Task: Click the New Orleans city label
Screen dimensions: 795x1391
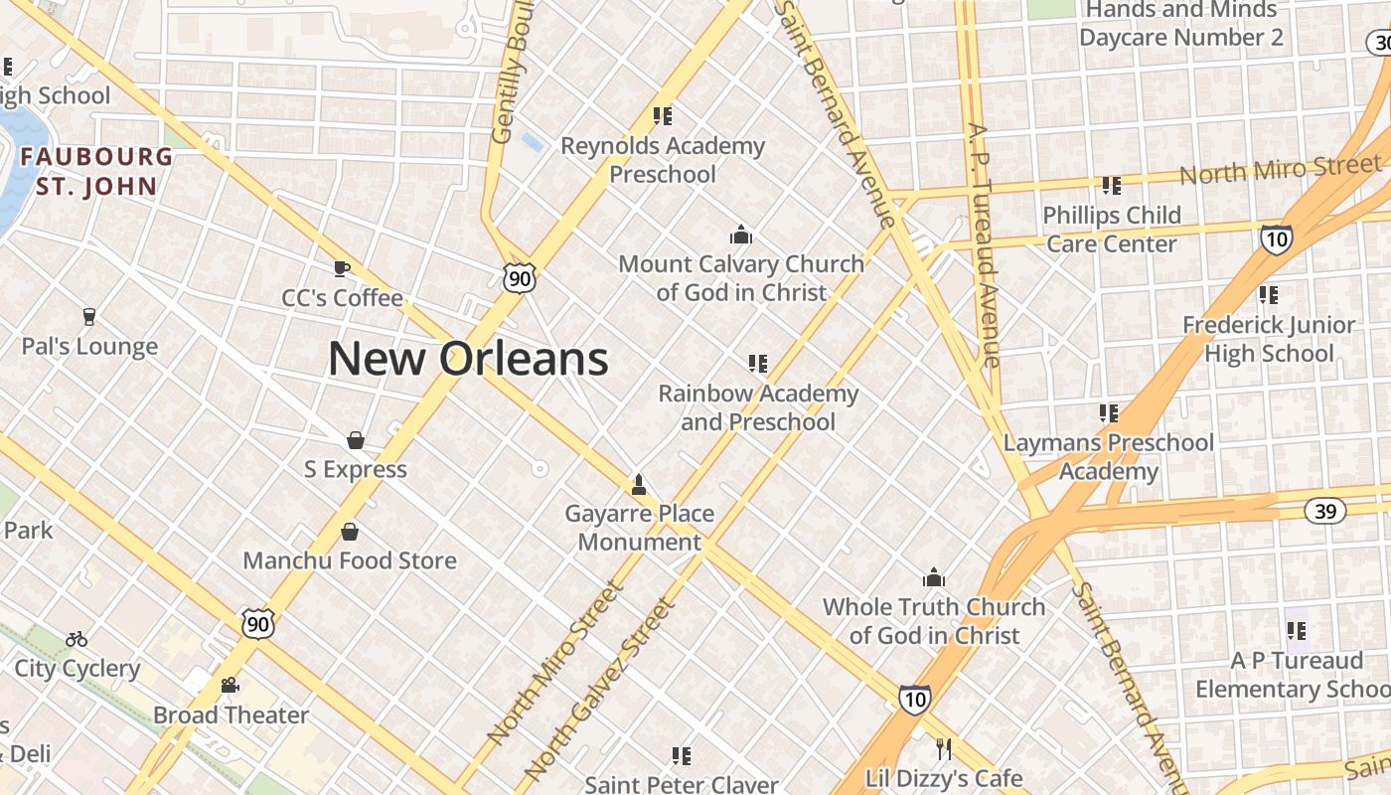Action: pyautogui.click(x=468, y=358)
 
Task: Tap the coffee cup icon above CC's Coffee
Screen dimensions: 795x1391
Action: pyautogui.click(x=342, y=268)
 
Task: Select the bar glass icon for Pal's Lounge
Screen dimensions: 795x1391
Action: pyautogui.click(x=89, y=317)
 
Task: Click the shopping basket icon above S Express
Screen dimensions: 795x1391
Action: pyautogui.click(x=355, y=439)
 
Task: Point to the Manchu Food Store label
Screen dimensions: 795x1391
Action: pyautogui.click(x=350, y=560)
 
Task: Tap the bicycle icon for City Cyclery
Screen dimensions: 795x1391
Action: pyautogui.click(x=77, y=639)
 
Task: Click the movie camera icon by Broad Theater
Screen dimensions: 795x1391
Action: pyautogui.click(x=231, y=685)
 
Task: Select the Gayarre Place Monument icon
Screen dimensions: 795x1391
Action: pyautogui.click(x=639, y=485)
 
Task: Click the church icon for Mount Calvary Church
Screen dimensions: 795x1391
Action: pyautogui.click(x=740, y=235)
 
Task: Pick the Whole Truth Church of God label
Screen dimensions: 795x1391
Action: pyautogui.click(x=934, y=621)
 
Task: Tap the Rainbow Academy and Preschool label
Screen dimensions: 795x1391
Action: pyautogui.click(x=758, y=407)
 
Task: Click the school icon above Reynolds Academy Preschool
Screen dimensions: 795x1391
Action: pyautogui.click(x=663, y=116)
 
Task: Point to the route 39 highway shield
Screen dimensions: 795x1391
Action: pyautogui.click(x=1324, y=511)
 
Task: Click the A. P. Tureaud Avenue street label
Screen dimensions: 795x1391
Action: pyautogui.click(x=984, y=243)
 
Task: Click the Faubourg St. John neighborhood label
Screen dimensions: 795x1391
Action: pyautogui.click(x=96, y=171)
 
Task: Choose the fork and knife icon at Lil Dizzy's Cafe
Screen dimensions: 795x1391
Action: pyautogui.click(x=943, y=747)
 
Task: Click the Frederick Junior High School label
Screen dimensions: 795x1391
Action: pyautogui.click(x=1269, y=339)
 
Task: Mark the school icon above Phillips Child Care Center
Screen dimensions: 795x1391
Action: pyautogui.click(x=1111, y=185)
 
